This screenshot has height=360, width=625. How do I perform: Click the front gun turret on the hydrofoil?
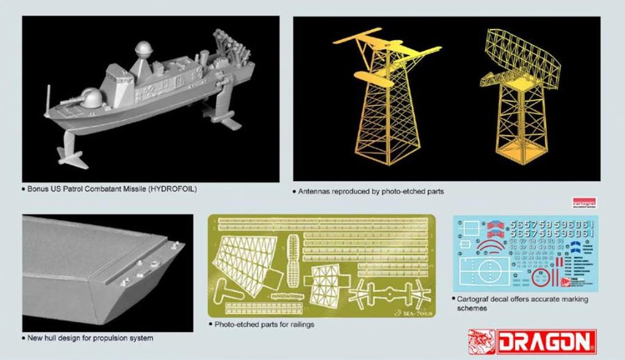tap(91, 98)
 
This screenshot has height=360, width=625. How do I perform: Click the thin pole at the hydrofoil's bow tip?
tap(48, 100)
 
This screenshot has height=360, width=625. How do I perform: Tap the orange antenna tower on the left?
tap(381, 104)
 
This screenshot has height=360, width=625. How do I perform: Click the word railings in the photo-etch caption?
tap(301, 325)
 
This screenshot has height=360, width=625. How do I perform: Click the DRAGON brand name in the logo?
tap(546, 343)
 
